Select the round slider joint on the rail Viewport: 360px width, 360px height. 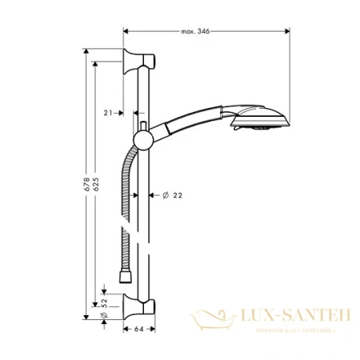[144, 141]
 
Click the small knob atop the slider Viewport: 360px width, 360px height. [142, 126]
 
